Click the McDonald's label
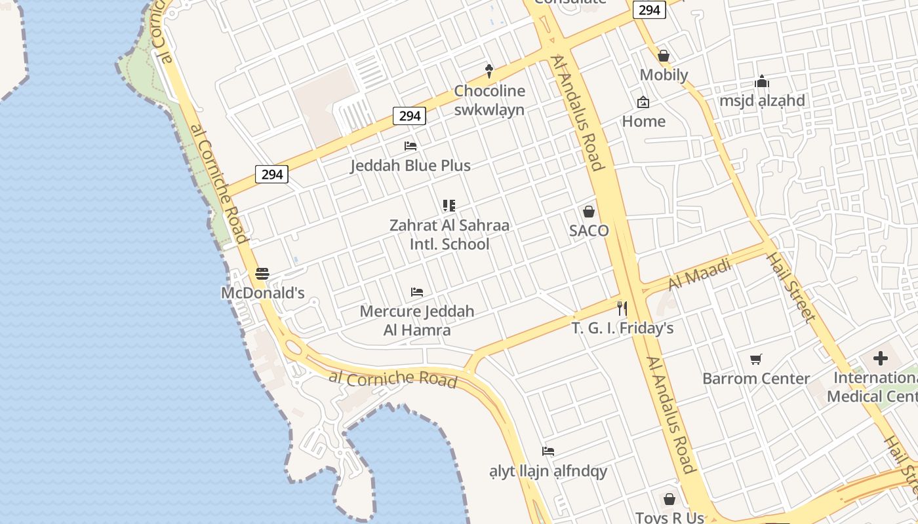coord(262,293)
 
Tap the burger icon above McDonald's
coord(262,274)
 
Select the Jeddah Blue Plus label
coord(410,166)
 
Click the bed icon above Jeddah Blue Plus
coord(410,145)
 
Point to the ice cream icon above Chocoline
coord(489,70)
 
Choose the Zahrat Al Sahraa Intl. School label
coord(449,234)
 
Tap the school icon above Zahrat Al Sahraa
coord(449,206)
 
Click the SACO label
coord(589,231)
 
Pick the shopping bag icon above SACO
coord(589,211)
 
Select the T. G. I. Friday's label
coord(622,328)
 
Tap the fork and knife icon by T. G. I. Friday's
coord(622,308)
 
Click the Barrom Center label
coord(756,379)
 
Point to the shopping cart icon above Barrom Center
coord(756,359)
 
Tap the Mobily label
coord(664,75)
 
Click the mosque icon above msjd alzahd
coord(762,82)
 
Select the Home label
coord(643,121)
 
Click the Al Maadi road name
coord(700,274)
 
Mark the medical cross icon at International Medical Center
coord(881,358)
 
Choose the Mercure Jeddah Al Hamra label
coord(417,320)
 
